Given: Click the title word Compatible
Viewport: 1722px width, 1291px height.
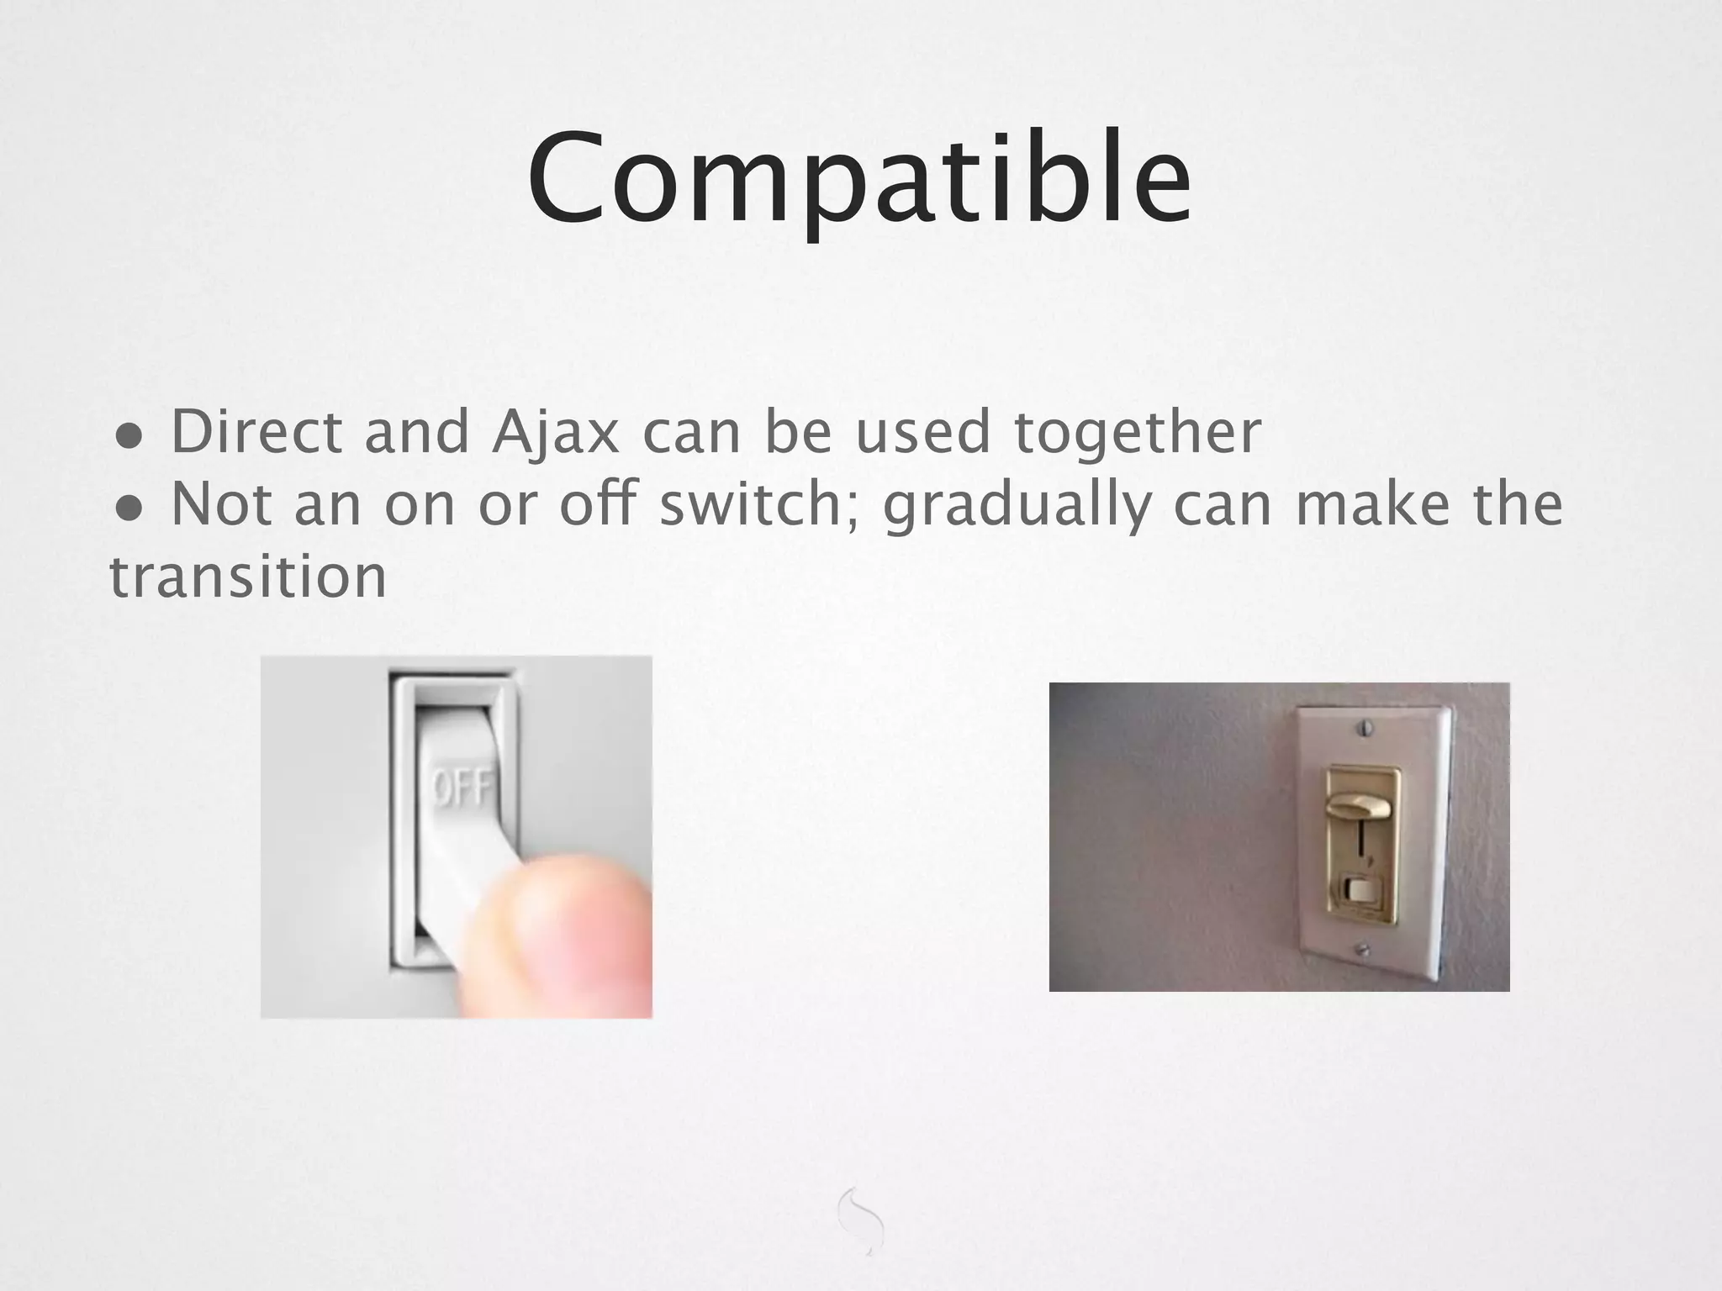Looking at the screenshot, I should coord(859,181).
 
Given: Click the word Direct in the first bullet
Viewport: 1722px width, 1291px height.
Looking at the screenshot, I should coord(256,433).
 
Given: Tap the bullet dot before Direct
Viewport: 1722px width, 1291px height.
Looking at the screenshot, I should coord(129,437).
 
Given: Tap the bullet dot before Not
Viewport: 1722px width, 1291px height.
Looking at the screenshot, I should coord(129,508).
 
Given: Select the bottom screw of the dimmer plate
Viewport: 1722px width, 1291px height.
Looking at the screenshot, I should coord(1363,950).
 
